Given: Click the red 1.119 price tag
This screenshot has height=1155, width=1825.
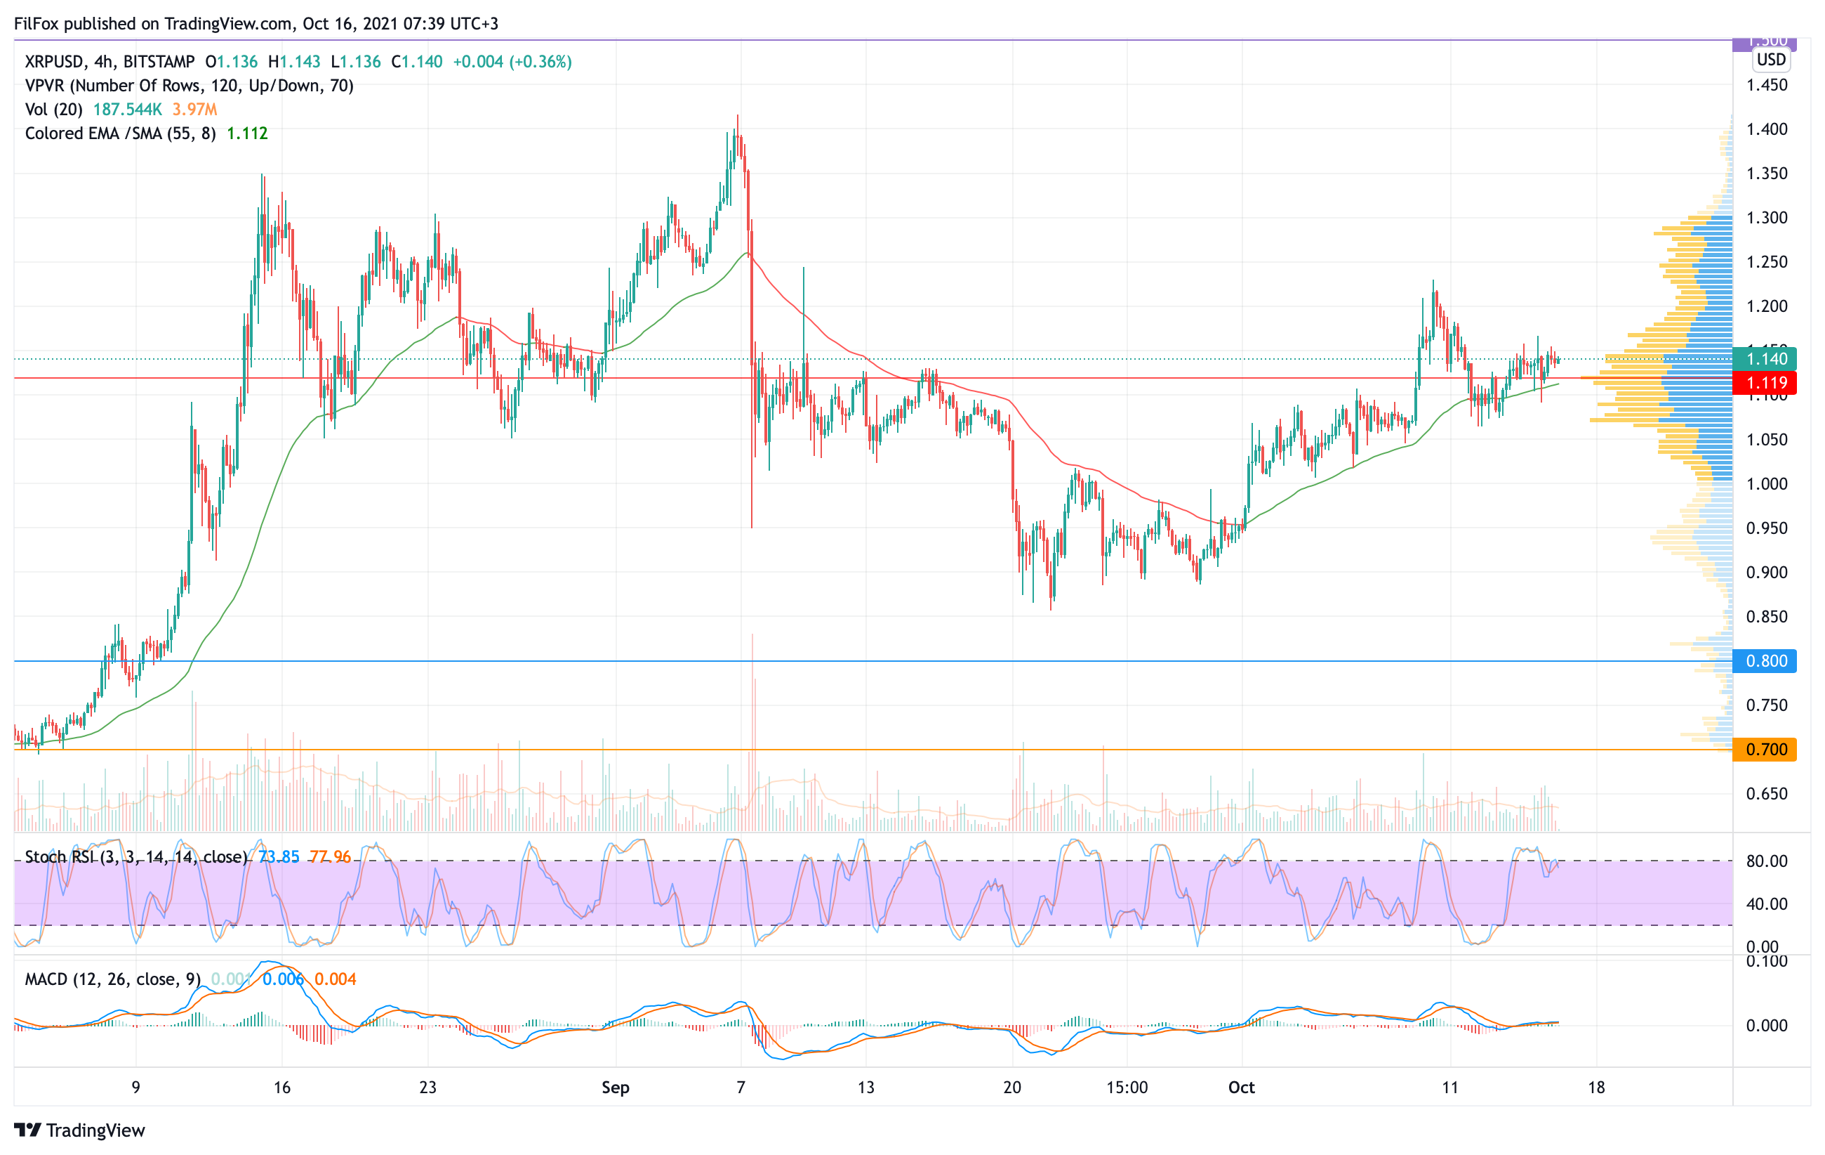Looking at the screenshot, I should coord(1765,383).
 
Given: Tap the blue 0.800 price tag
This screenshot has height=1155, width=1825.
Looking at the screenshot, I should coord(1765,660).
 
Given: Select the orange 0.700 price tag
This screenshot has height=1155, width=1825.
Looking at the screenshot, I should coord(1765,749).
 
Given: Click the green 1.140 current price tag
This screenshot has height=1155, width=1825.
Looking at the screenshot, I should coord(1765,359).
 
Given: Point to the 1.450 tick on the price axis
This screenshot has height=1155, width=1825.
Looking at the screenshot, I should coord(1767,85).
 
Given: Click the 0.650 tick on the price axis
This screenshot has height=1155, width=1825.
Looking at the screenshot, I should coord(1767,793).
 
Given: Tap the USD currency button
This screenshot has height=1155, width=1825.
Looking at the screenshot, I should coord(1771,59).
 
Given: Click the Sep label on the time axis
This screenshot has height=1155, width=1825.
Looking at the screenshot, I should coord(616,1088).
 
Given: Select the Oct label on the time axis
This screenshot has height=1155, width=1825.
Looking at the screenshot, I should coord(1242,1088).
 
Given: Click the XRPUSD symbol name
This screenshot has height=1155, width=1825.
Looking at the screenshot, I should coord(55,61).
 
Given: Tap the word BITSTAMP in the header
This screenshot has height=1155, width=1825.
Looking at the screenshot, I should coord(159,61).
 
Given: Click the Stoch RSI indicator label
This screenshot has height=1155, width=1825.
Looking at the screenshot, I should coord(135,857).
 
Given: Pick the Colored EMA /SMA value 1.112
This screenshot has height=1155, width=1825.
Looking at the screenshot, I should coord(247,133).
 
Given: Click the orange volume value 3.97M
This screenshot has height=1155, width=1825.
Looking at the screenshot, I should coord(194,109).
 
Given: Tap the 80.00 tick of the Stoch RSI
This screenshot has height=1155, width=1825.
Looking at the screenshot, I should coord(1767,861).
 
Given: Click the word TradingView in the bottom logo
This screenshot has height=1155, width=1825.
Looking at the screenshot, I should coord(95,1130).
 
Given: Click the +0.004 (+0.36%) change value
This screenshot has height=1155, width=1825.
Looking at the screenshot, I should coord(512,61).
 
